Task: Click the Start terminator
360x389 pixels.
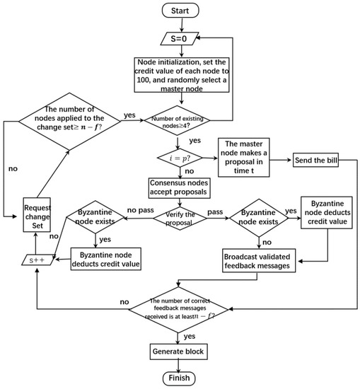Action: [180, 11]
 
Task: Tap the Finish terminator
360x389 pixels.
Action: [179, 378]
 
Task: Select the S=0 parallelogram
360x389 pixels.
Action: [180, 38]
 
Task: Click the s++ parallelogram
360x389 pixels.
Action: [37, 260]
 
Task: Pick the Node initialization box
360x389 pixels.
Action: [182, 75]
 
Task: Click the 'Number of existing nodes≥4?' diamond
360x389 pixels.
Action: [177, 120]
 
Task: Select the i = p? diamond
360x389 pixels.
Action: [180, 158]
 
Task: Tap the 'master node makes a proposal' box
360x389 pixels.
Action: [243, 157]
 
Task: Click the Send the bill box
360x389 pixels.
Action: [315, 160]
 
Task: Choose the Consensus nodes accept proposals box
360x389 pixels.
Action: [180, 188]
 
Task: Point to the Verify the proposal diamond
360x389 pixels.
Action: [180, 219]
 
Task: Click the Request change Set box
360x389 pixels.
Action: [37, 215]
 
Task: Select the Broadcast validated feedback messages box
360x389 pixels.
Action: [259, 260]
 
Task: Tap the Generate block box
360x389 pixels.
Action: [179, 352]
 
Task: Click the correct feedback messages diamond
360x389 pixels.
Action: [179, 309]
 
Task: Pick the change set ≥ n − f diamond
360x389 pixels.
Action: [69, 122]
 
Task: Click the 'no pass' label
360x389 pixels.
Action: [141, 210]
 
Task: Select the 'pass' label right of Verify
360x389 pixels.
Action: [215, 212]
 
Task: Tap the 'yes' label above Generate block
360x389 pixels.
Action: [190, 336]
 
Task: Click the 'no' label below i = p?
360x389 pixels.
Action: [190, 171]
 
